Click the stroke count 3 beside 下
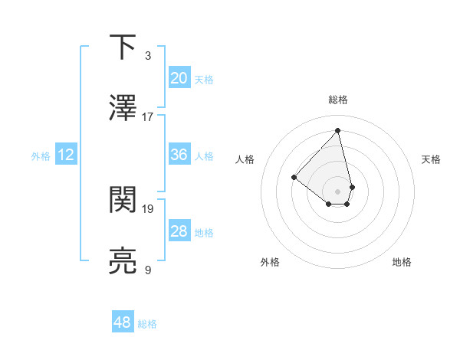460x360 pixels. tap(148, 56)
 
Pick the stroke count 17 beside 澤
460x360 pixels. tap(148, 117)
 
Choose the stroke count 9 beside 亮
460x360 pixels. tap(148, 270)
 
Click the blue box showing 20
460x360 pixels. tap(179, 78)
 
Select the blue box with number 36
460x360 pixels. tap(179, 155)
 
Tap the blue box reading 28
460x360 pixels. tap(179, 231)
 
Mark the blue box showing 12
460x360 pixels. tap(66, 155)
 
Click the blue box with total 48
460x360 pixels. tap(123, 322)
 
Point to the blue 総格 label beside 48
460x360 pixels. tap(147, 324)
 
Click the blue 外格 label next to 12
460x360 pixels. tap(41, 156)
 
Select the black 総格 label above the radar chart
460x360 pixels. tap(338, 100)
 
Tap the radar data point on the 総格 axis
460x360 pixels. tap(338, 130)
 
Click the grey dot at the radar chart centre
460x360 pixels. tap(338, 191)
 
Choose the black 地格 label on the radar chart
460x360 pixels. tap(402, 263)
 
